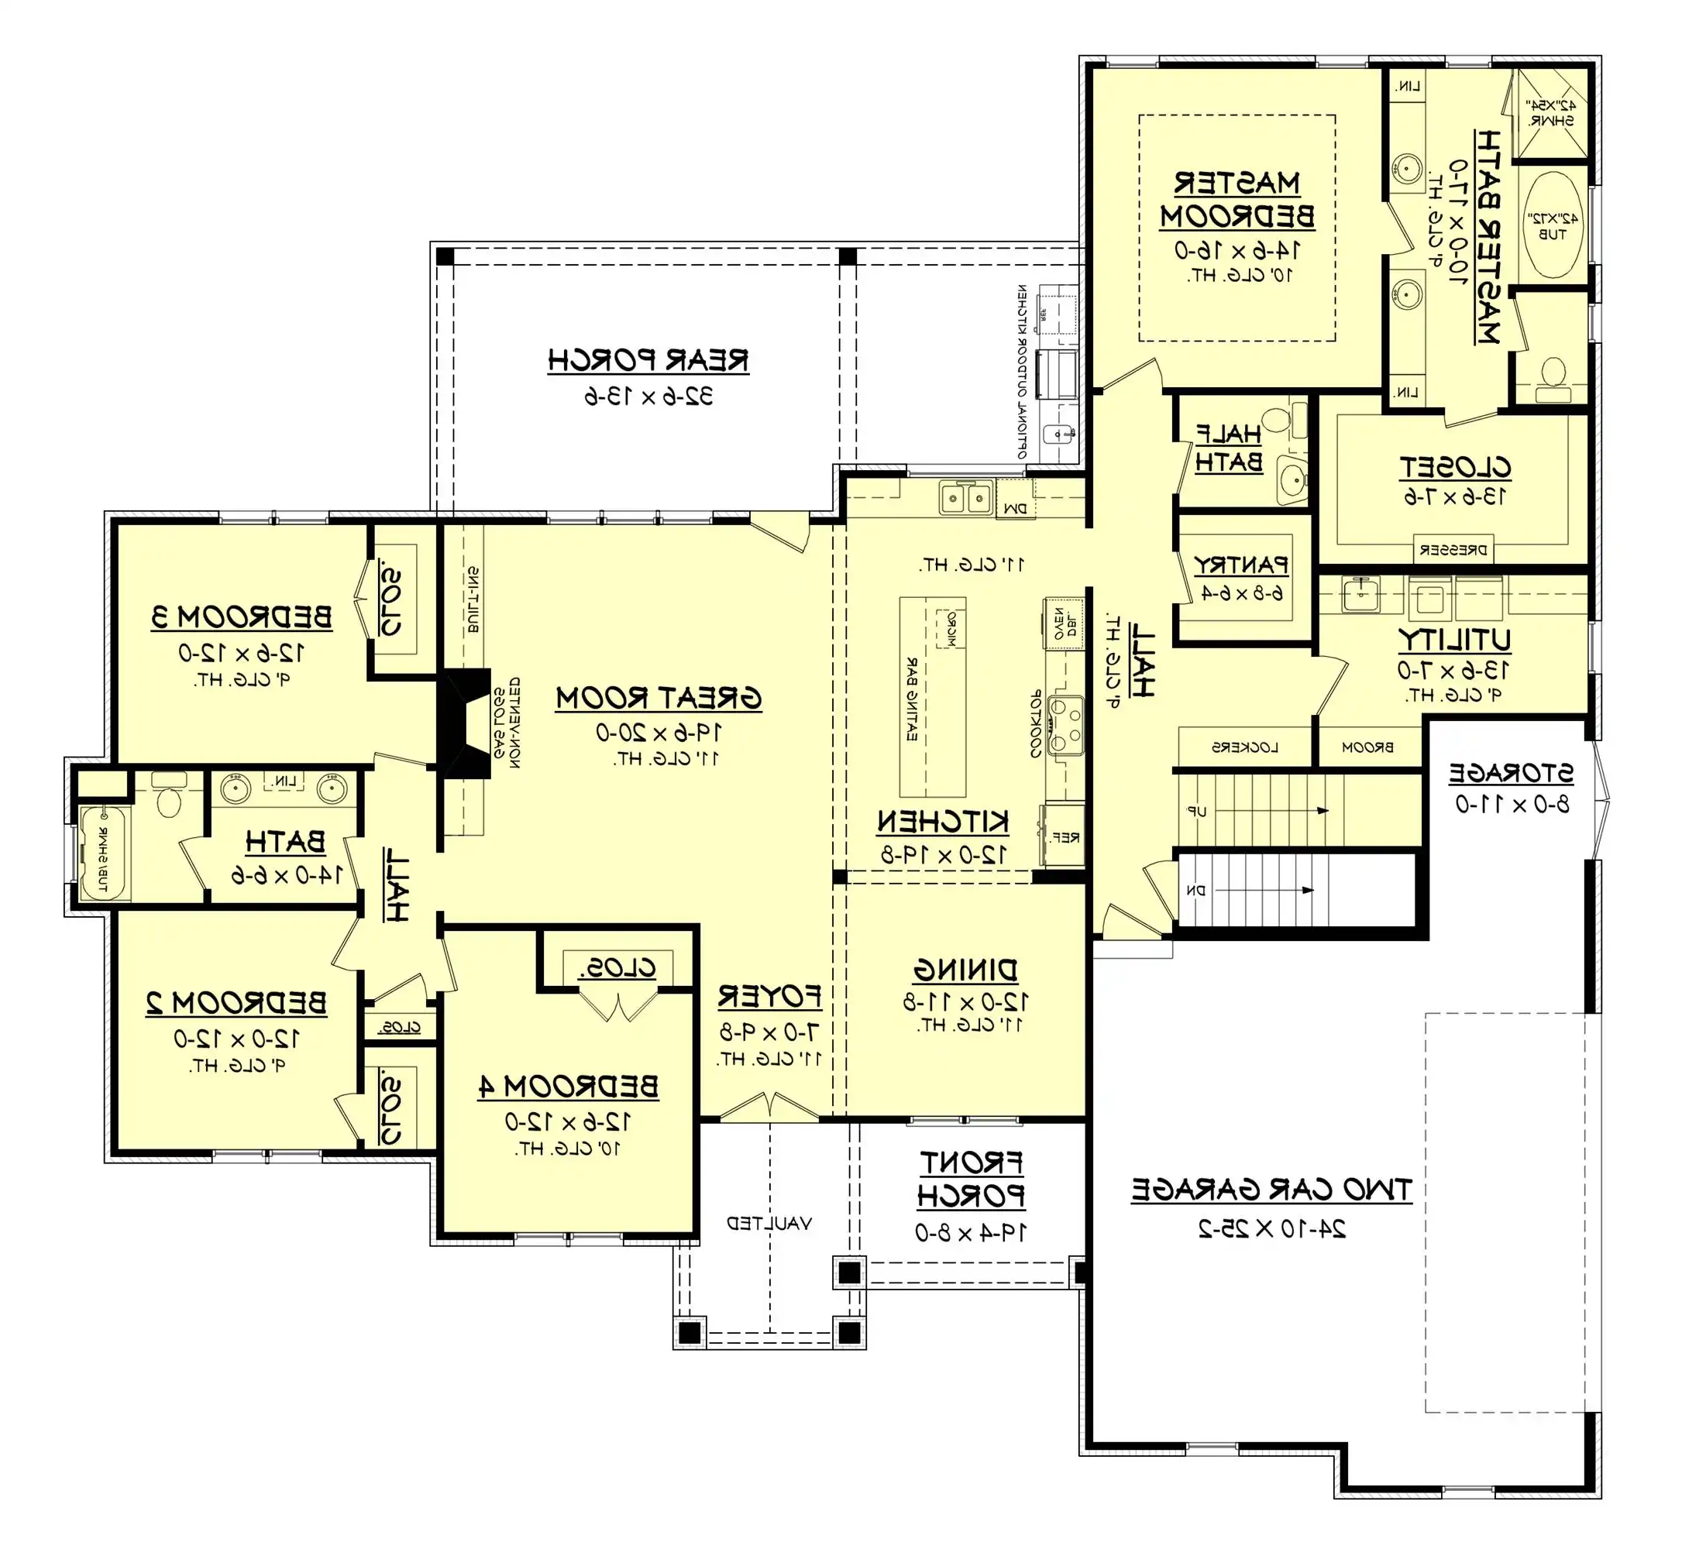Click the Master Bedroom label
1237,201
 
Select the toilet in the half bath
1276,418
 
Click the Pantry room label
1240,565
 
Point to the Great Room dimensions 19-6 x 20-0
659,732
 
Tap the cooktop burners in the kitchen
1065,725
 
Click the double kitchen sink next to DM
965,496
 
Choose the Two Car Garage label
1271,1189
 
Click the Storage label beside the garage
1512,772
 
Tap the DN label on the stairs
1195,890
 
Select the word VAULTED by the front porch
769,1223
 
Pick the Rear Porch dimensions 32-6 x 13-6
648,396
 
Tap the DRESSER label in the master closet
1452,550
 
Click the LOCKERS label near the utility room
1244,747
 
